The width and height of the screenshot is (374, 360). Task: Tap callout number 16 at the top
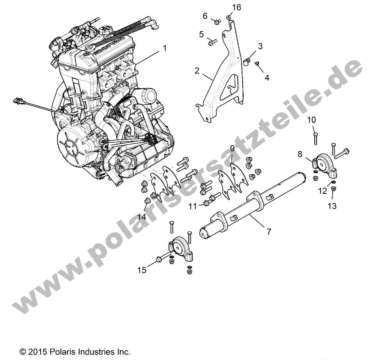tap(237, 7)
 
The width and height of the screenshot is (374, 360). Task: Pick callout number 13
tap(332, 206)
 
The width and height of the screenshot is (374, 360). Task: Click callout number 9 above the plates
tap(232, 148)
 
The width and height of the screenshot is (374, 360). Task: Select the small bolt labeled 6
tap(216, 21)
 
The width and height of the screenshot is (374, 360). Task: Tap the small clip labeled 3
tap(246, 61)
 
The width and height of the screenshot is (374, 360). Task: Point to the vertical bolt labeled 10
tap(315, 139)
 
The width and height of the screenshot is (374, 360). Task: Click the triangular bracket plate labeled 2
tap(230, 90)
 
